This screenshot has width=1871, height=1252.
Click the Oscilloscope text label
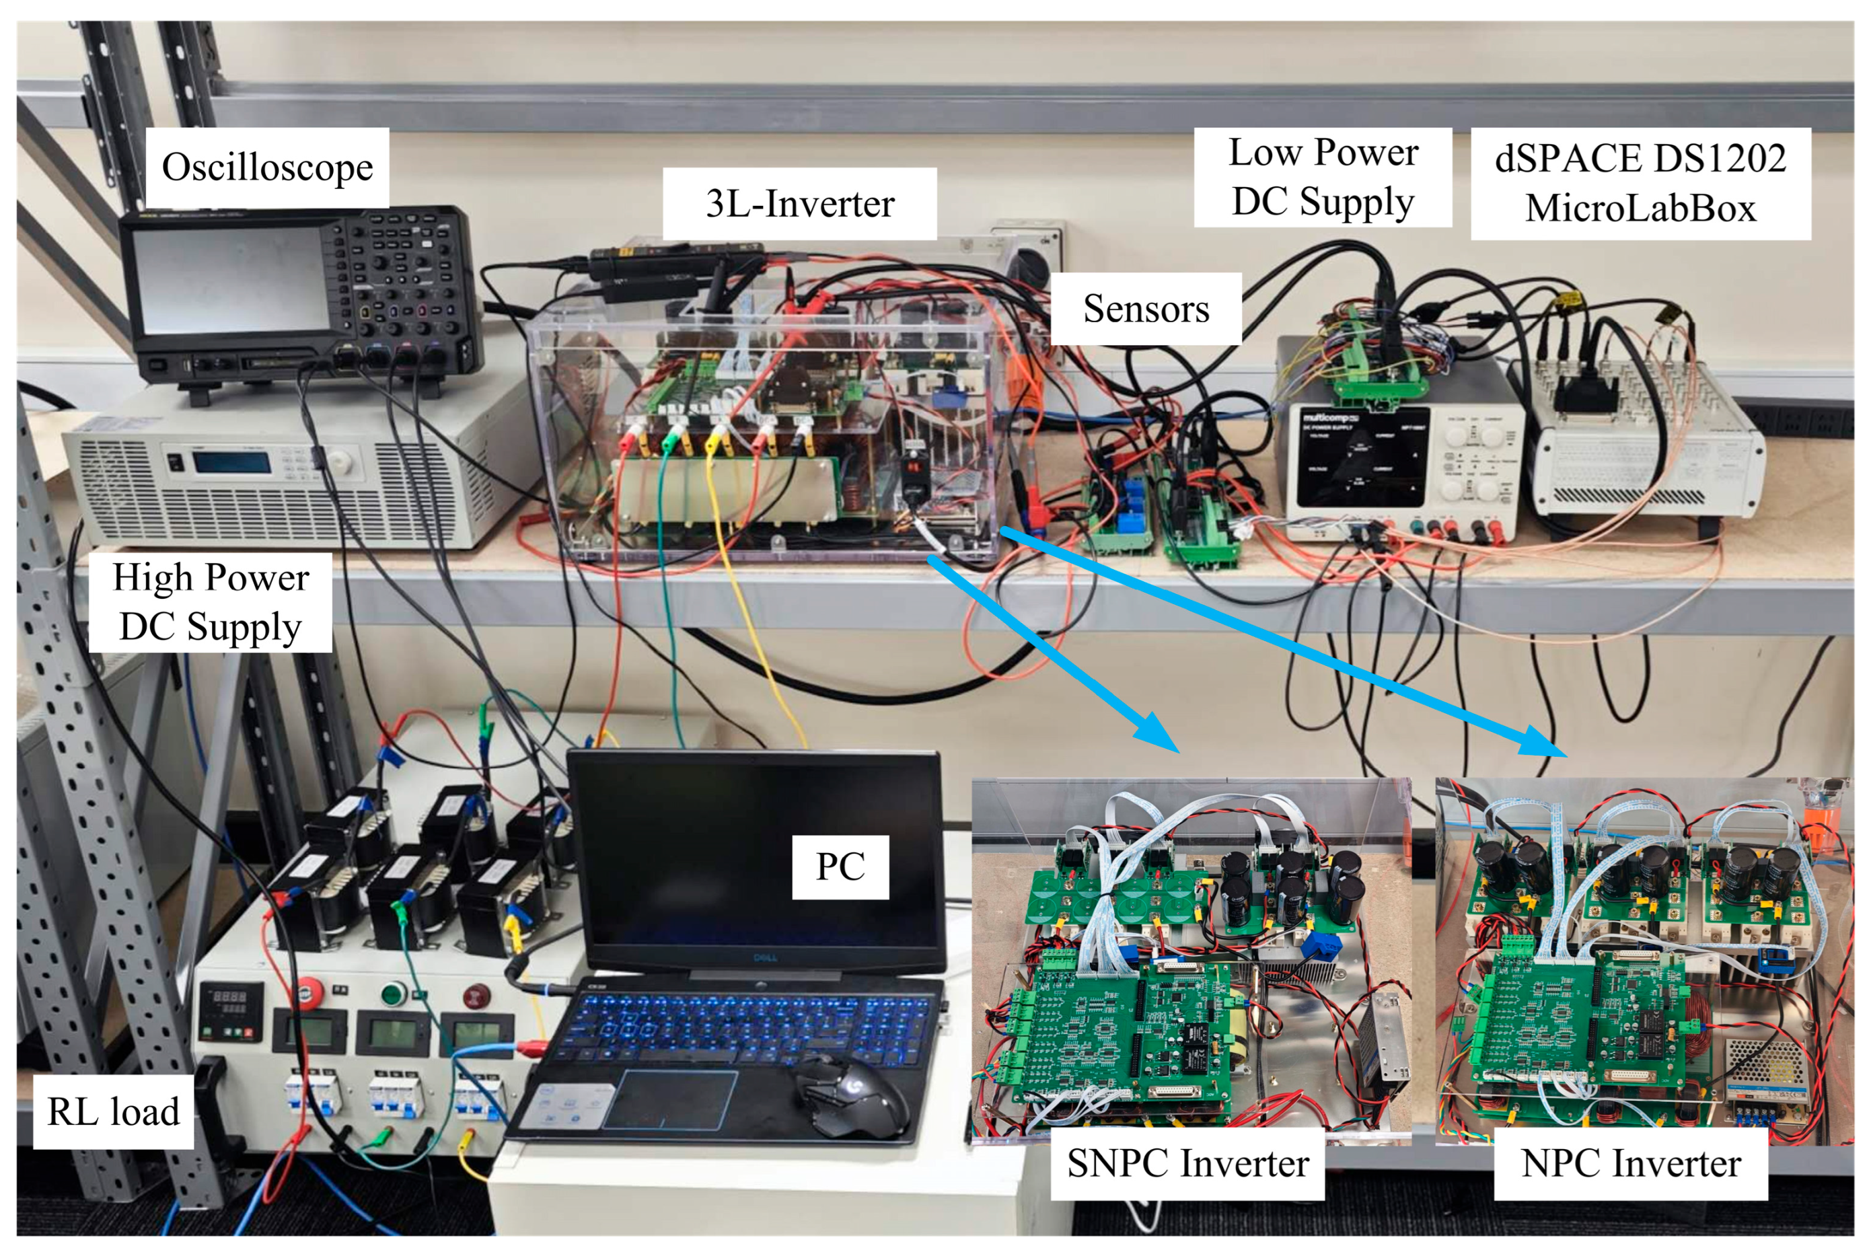[266, 168]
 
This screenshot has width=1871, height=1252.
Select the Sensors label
[1145, 309]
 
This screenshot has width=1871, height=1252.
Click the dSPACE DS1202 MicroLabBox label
[1640, 183]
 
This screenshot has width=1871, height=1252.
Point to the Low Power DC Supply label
[1323, 176]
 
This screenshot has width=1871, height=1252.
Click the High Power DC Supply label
[210, 602]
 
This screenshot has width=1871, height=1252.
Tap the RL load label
[114, 1111]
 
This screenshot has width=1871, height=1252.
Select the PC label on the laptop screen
[840, 867]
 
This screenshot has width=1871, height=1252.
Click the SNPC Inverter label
[1187, 1163]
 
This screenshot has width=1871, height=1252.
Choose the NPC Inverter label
[1631, 1163]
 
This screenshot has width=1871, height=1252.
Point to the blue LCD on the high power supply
[230, 462]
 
